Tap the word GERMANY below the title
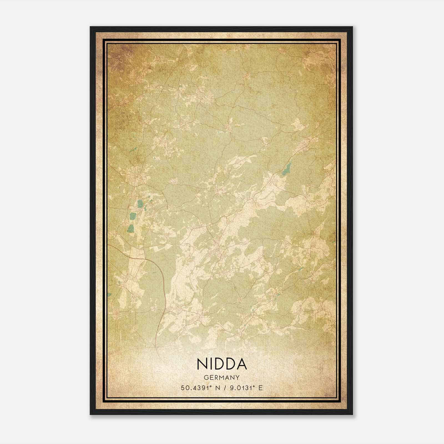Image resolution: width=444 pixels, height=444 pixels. click(x=222, y=378)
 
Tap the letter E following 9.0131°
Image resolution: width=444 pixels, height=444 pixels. click(x=260, y=388)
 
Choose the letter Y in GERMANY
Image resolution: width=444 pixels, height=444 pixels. click(x=238, y=378)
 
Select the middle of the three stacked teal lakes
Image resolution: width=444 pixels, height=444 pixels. click(x=133, y=216)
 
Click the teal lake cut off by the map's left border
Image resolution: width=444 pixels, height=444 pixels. click(x=109, y=294)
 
